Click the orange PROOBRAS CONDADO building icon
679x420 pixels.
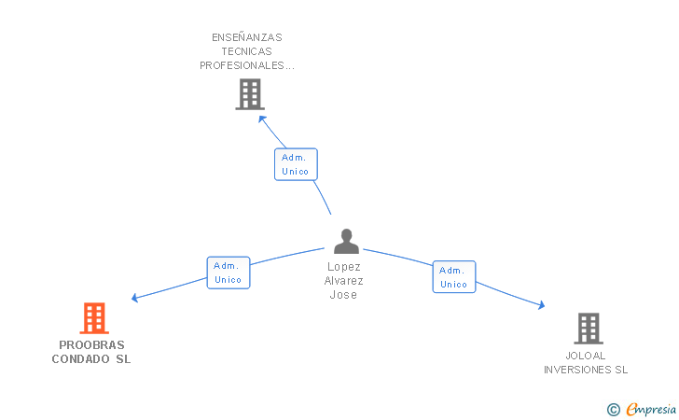coord(93,318)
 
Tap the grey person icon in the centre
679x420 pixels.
coord(346,242)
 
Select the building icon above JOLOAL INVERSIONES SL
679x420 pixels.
coord(588,329)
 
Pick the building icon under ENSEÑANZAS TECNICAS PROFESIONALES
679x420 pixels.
coord(249,94)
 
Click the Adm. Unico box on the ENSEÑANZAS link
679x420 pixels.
coord(297,164)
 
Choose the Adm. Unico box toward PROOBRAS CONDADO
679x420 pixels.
coord(228,273)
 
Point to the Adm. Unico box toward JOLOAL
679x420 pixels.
coord(454,277)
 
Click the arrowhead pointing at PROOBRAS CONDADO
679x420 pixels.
coord(135,299)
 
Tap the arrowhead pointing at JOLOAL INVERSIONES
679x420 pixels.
coord(540,304)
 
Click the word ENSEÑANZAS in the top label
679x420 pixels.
coord(247,38)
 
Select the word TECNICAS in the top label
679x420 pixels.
coord(247,52)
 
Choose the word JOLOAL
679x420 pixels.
coord(586,356)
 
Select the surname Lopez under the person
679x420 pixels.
coord(344,267)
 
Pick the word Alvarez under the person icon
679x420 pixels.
coord(344,281)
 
